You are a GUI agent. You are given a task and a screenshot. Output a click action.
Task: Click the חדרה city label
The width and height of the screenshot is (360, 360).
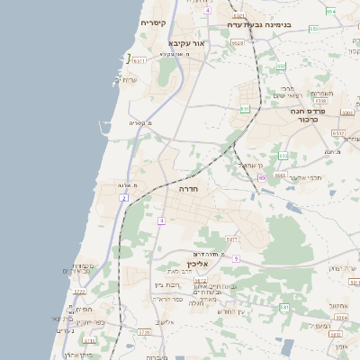(x=189, y=191)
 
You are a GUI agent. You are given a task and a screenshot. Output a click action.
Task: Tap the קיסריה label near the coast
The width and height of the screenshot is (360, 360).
(x=152, y=22)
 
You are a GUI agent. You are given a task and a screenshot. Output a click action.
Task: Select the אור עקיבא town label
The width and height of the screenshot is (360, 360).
(x=187, y=42)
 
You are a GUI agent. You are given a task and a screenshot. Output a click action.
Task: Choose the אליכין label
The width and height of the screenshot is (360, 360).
(x=197, y=264)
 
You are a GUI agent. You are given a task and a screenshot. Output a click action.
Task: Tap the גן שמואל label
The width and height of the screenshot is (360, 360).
(x=248, y=166)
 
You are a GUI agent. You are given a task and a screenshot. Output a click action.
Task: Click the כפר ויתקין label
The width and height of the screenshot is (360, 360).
(x=89, y=322)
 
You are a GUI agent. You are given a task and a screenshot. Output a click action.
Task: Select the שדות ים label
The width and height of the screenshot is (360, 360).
(x=123, y=81)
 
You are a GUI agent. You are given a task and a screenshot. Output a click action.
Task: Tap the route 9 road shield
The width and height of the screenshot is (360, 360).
(x=235, y=258)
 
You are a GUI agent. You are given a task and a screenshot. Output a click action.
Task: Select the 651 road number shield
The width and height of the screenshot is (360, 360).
(x=244, y=109)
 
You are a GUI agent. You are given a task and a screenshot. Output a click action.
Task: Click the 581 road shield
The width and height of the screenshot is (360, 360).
(x=283, y=308)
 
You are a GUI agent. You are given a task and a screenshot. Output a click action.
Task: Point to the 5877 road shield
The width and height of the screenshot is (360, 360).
(x=231, y=239)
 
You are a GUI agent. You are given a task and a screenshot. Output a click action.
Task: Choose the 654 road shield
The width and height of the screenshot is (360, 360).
(x=330, y=11)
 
